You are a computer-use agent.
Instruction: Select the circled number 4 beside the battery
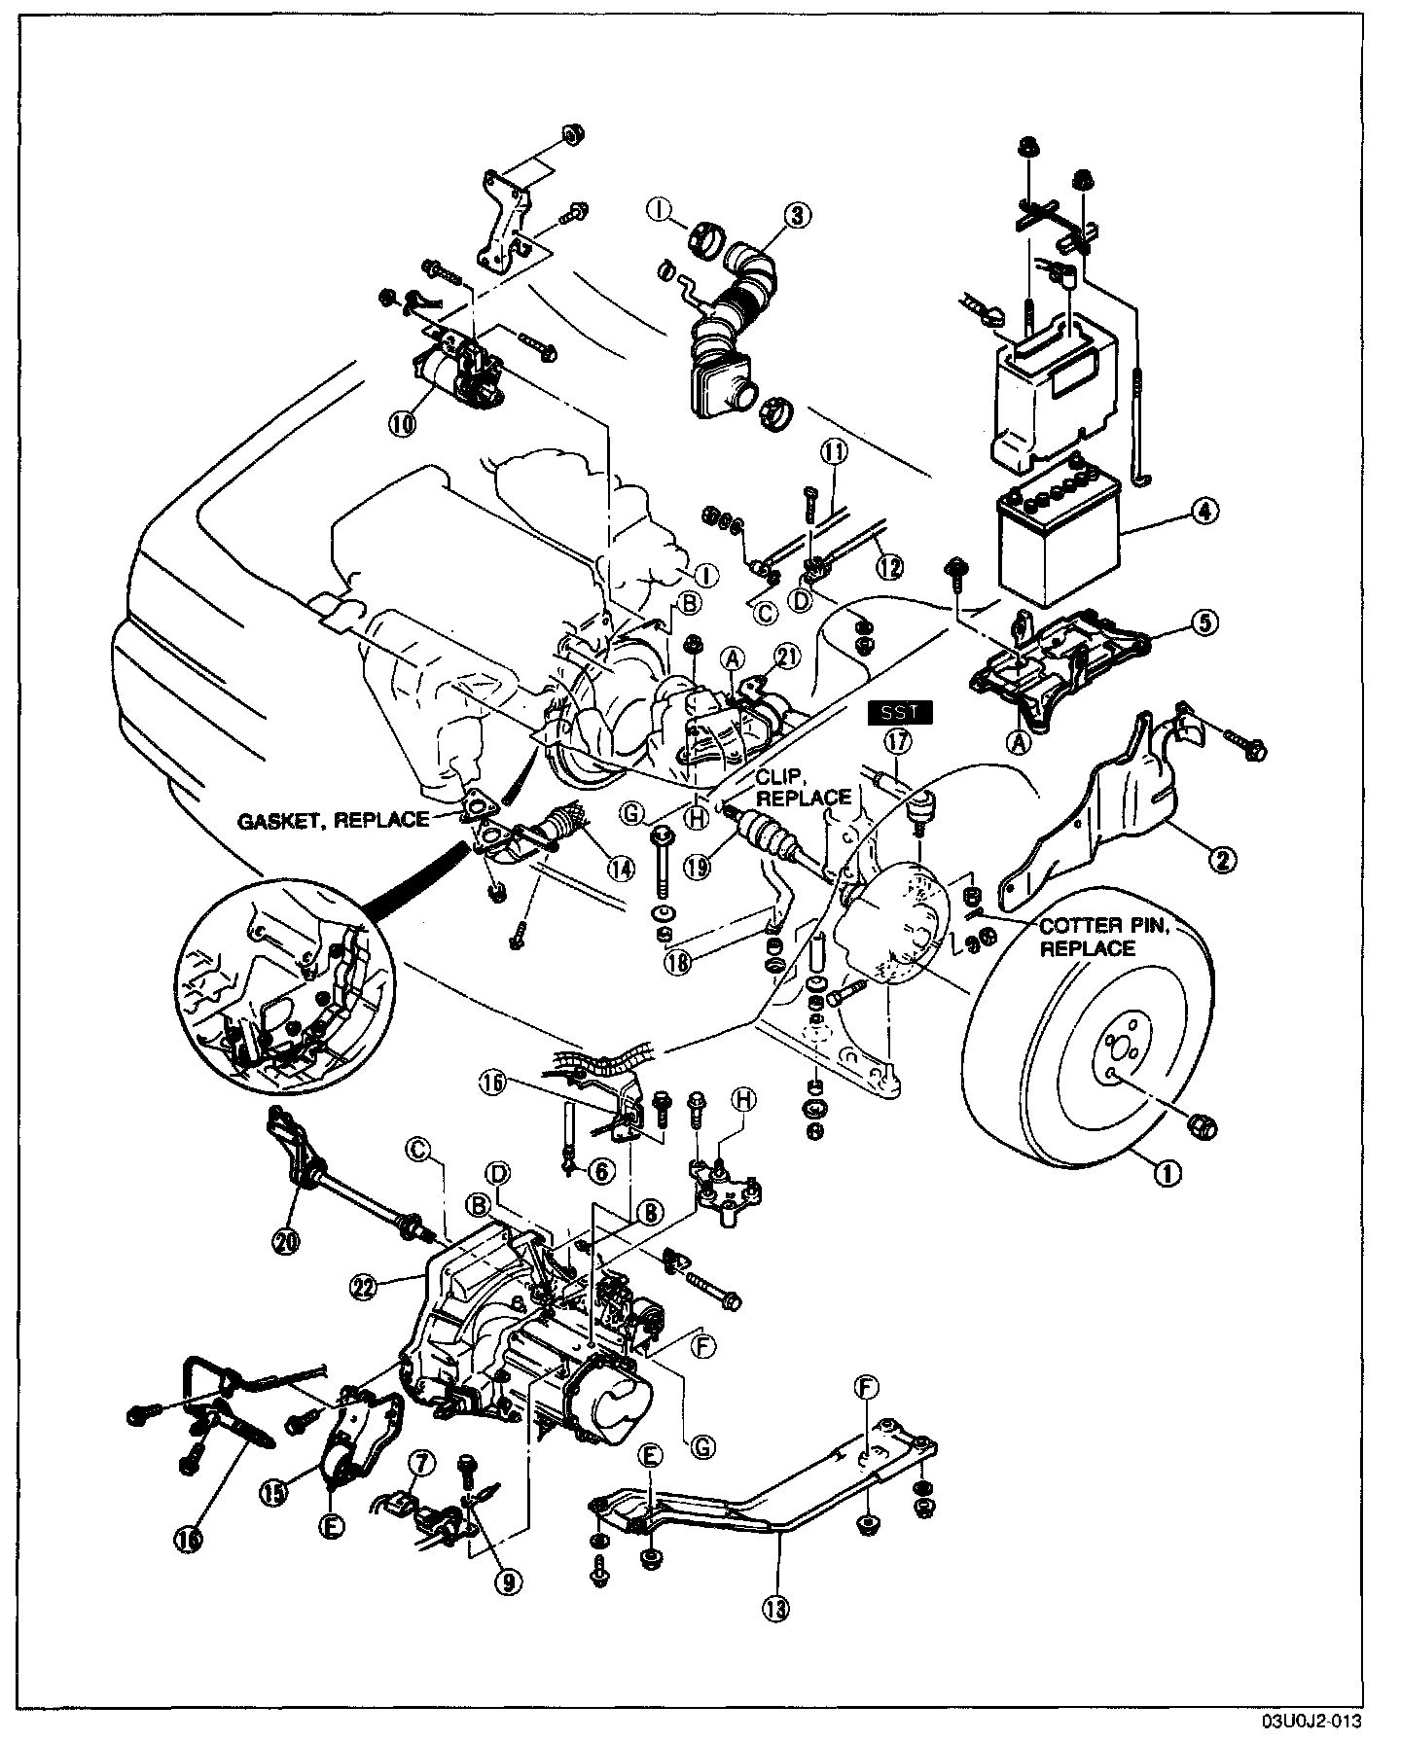click(1203, 510)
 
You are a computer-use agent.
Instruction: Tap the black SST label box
click(900, 714)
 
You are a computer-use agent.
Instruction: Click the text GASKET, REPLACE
click(334, 820)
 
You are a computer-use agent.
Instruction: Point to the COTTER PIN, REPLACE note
click(1087, 937)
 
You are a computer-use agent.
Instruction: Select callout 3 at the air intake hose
click(797, 216)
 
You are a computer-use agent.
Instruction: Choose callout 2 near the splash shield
click(1223, 857)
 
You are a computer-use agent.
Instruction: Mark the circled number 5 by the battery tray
click(1203, 623)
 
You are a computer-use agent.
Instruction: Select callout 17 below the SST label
click(895, 741)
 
